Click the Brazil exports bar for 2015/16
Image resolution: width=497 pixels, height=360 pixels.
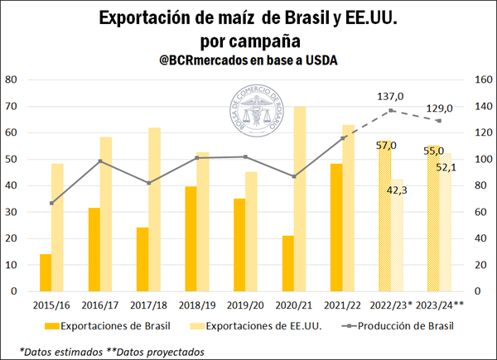(46, 272)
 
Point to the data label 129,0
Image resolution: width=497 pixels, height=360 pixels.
(439, 108)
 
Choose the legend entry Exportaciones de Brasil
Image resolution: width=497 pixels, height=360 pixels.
(107, 326)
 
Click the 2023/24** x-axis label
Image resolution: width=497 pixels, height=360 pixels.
(439, 305)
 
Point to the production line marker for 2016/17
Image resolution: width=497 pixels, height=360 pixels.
(99, 161)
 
